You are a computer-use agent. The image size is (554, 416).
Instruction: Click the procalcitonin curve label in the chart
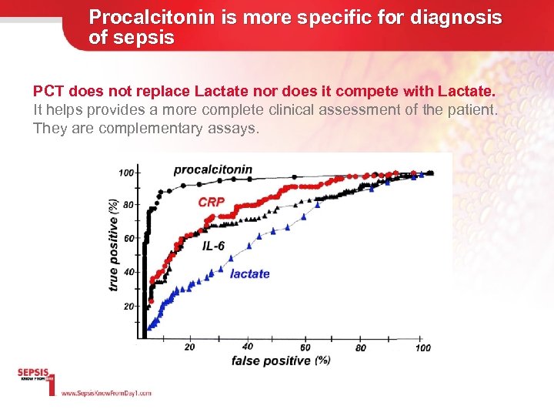pos(212,169)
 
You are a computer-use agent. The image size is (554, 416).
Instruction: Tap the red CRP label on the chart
pos(212,202)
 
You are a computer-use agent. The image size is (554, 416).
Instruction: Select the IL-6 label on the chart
pos(214,247)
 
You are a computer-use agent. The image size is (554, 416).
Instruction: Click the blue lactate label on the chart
pos(250,273)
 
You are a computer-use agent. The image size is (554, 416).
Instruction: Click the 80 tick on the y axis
pos(128,205)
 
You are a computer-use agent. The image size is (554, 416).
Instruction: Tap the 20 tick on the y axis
pos(128,306)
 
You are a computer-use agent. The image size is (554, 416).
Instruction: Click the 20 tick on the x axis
pos(190,347)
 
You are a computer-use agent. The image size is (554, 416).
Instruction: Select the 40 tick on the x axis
pos(248,347)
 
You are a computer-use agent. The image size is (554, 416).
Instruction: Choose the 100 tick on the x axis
pos(422,347)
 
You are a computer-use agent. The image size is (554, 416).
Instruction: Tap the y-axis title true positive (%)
pos(114,245)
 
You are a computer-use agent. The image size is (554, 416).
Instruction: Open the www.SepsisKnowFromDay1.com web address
pos(106,393)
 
